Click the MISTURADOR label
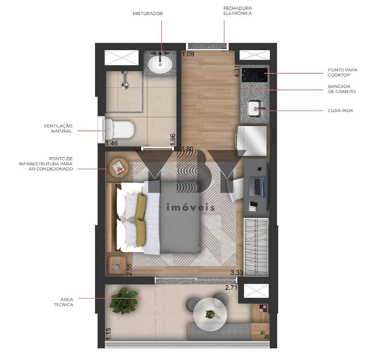pos(148,13)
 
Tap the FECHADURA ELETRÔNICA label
pos(238,11)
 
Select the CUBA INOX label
pos(340,111)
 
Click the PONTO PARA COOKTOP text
pos(343,72)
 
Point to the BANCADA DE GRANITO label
pos(342,89)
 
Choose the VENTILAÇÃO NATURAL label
pos(58,128)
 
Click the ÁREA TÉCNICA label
pos(63,302)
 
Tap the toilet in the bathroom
pos(119,129)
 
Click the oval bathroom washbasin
pos(160,64)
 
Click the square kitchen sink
pos(255,108)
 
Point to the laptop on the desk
pos(257,186)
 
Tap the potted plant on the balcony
pos(124,301)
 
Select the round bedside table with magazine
pos(118,167)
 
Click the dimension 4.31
pos(237,71)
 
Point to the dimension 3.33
pos(236,273)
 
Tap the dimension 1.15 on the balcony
pos(108,334)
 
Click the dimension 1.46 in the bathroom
pos(112,143)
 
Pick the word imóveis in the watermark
pos(191,207)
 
